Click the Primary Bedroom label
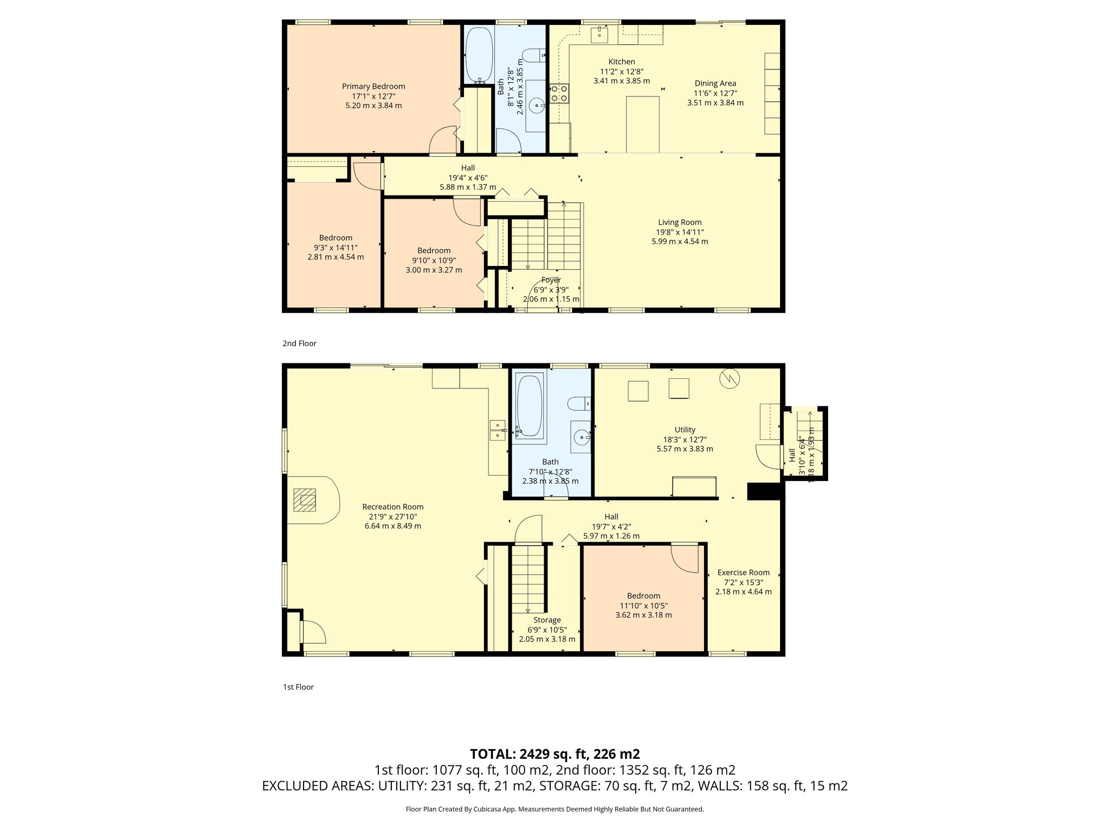(373, 87)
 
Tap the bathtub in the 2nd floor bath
(479, 55)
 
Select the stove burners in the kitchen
(559, 93)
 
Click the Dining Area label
(715, 83)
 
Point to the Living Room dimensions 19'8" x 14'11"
(680, 232)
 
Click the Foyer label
(551, 280)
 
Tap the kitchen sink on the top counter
(599, 34)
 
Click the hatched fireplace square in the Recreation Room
(305, 500)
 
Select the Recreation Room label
(393, 507)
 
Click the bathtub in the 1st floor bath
(530, 406)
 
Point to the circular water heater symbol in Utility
(730, 378)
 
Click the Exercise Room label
(743, 573)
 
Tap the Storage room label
(547, 620)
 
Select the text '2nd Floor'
(299, 343)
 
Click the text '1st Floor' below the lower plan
(298, 687)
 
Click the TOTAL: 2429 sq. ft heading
(554, 754)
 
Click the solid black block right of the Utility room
(765, 491)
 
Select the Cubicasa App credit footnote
(554, 809)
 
